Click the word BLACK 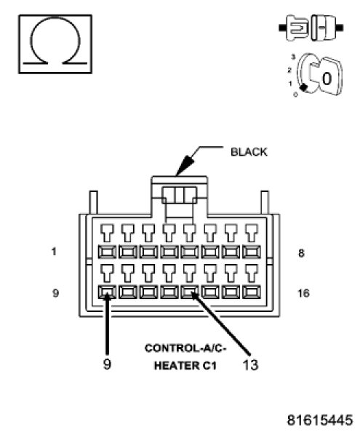click(x=249, y=152)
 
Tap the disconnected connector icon click(x=311, y=28)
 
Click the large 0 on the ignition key click(x=327, y=79)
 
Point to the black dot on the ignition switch click(x=303, y=87)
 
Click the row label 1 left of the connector click(x=54, y=252)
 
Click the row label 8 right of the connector click(x=301, y=253)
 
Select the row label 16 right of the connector click(x=303, y=293)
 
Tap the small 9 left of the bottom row click(x=56, y=293)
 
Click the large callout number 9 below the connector click(x=107, y=364)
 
